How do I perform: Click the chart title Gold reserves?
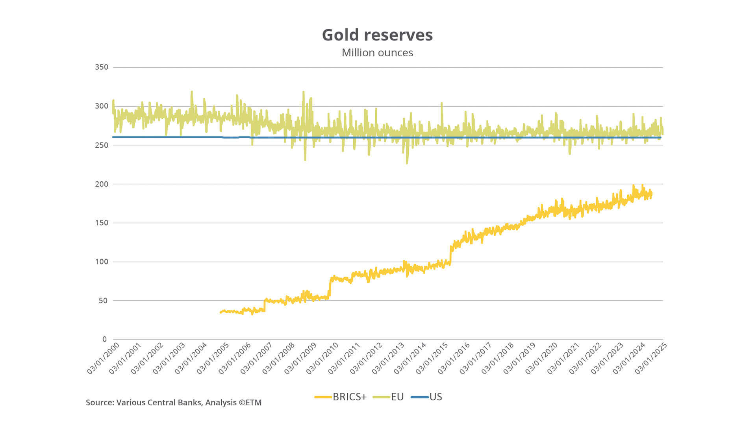[x=377, y=35]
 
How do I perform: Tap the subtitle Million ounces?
[x=377, y=53]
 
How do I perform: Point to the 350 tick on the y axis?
[x=101, y=67]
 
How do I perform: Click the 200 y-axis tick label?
[x=101, y=184]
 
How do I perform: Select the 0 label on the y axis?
[x=104, y=339]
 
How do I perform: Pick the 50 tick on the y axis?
[x=103, y=301]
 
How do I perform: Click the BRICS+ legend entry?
[x=341, y=397]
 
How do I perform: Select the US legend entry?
[x=427, y=397]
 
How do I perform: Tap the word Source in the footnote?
[x=99, y=403]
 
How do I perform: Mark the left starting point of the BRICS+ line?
[x=220, y=312]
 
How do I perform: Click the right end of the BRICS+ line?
[x=651, y=194]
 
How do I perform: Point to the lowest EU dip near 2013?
[x=407, y=163]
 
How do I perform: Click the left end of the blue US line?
[x=113, y=137]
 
